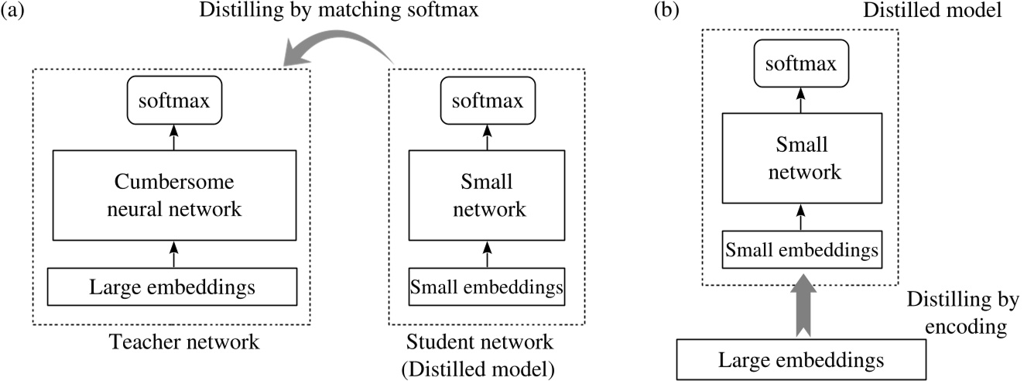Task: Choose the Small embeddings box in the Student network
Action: (485, 287)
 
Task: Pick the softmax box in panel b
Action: (799, 65)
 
